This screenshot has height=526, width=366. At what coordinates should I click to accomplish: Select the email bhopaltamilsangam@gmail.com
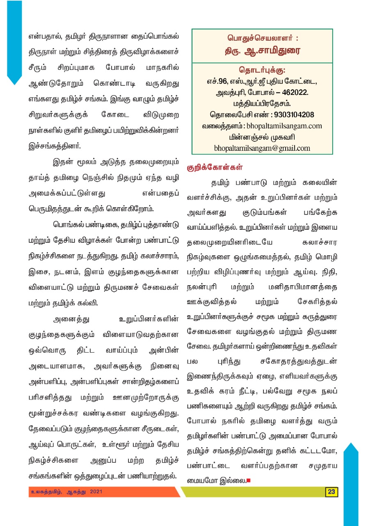click(x=262, y=148)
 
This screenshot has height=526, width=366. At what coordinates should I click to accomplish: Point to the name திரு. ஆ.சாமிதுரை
click(x=262, y=51)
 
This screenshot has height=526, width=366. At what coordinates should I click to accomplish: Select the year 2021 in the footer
click(x=96, y=491)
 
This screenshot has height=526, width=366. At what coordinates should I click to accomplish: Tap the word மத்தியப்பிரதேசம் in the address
click(x=262, y=104)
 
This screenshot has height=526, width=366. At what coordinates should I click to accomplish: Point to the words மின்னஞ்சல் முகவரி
click(x=262, y=137)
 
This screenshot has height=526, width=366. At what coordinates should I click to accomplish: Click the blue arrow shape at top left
click(x=14, y=41)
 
